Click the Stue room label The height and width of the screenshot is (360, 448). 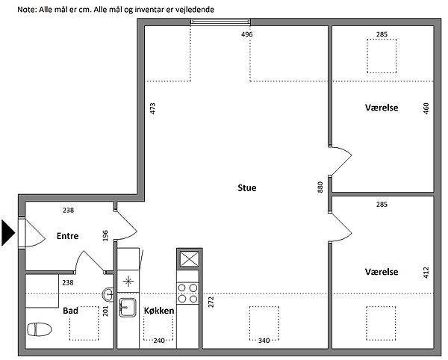[247, 188]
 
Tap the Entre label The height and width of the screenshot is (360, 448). [67, 236]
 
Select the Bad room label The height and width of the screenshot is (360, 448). [70, 311]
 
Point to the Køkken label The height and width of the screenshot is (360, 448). [159, 311]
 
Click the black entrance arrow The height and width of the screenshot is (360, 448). [7, 232]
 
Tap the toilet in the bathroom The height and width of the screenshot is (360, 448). [40, 329]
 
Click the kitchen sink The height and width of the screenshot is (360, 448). [128, 308]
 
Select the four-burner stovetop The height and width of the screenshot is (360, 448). [187, 294]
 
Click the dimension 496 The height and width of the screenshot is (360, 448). [247, 34]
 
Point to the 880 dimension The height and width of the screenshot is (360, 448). [320, 187]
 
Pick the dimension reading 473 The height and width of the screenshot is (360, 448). [152, 108]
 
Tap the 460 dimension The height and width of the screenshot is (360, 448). [426, 108]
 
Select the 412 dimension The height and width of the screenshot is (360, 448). [426, 273]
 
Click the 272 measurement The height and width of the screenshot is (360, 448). [211, 302]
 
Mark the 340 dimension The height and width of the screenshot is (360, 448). [264, 341]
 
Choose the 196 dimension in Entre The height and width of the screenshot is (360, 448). [105, 235]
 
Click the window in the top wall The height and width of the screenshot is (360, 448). [220, 22]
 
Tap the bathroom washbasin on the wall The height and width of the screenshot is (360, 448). [108, 294]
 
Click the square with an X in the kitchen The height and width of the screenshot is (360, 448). [188, 259]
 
